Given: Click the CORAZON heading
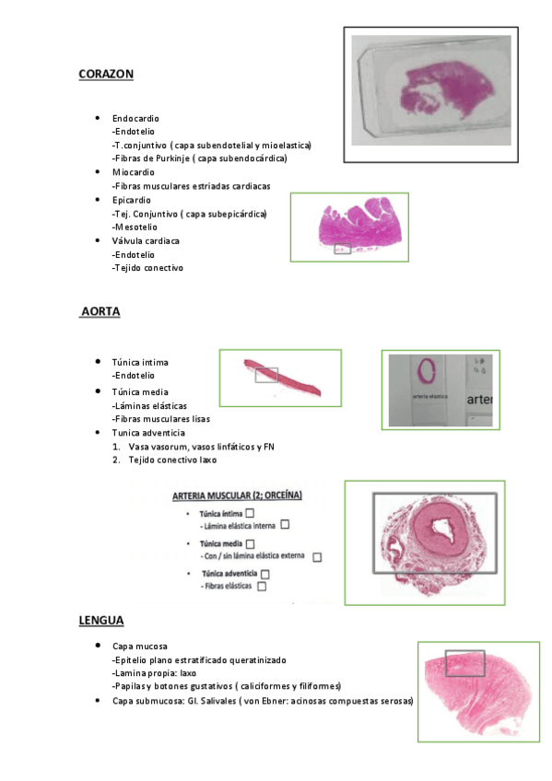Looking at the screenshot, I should click(x=107, y=74).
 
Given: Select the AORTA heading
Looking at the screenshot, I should click(x=100, y=312).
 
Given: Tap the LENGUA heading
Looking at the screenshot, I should click(x=101, y=621).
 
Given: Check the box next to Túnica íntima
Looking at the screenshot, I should click(x=251, y=512).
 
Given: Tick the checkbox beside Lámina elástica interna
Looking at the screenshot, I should click(x=285, y=525).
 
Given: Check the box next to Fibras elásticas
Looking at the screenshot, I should click(x=263, y=586).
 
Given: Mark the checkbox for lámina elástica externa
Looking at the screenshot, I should click(x=317, y=556).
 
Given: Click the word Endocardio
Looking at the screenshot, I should click(x=135, y=119).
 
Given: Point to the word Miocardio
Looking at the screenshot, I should click(x=134, y=172).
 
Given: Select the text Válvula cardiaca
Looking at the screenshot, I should click(x=146, y=240).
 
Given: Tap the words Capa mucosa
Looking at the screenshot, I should click(x=139, y=647).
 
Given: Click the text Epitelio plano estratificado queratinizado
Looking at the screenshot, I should click(x=199, y=660).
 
